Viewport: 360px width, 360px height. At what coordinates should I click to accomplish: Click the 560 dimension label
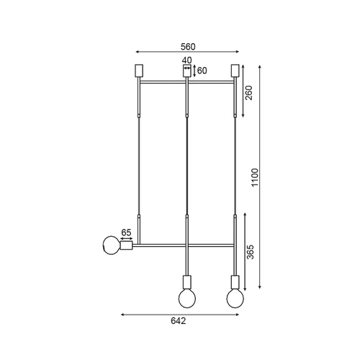pyautogui.click(x=188, y=47)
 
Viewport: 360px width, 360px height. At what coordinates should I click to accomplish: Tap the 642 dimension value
pyautogui.click(x=179, y=320)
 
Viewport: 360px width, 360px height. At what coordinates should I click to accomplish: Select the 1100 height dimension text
pyautogui.click(x=255, y=177)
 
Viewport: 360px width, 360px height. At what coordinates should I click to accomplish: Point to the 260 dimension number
pyautogui.click(x=249, y=93)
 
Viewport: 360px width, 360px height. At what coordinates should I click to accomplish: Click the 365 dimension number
pyautogui.click(x=250, y=252)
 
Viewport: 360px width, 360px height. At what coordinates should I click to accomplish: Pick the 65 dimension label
pyautogui.click(x=126, y=233)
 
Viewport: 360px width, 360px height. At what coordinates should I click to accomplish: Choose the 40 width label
pyautogui.click(x=187, y=60)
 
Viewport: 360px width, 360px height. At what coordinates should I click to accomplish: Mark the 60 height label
pyautogui.click(x=202, y=71)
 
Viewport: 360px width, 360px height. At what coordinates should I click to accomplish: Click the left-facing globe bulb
pyautogui.click(x=112, y=245)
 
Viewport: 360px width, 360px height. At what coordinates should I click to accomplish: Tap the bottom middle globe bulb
pyautogui.click(x=187, y=299)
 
